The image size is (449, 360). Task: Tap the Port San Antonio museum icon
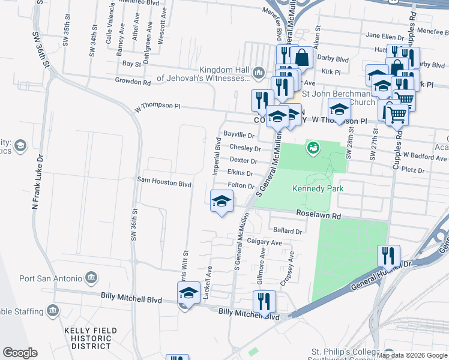tap(91, 277)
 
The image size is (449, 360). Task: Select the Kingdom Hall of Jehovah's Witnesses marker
tap(259, 73)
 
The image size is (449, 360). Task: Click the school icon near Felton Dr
tap(221, 201)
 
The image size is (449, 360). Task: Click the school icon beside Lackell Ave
tap(188, 293)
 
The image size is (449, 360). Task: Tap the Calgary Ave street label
tap(264, 242)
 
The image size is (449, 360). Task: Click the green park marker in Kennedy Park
tap(312, 147)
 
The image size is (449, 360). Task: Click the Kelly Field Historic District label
tap(88, 338)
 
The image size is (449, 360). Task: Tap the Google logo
tap(20, 353)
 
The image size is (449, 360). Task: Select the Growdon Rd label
tap(132, 82)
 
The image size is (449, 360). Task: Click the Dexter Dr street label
tap(243, 161)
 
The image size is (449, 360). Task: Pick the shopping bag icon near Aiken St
tap(303, 58)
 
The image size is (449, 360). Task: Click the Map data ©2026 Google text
tap(412, 355)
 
